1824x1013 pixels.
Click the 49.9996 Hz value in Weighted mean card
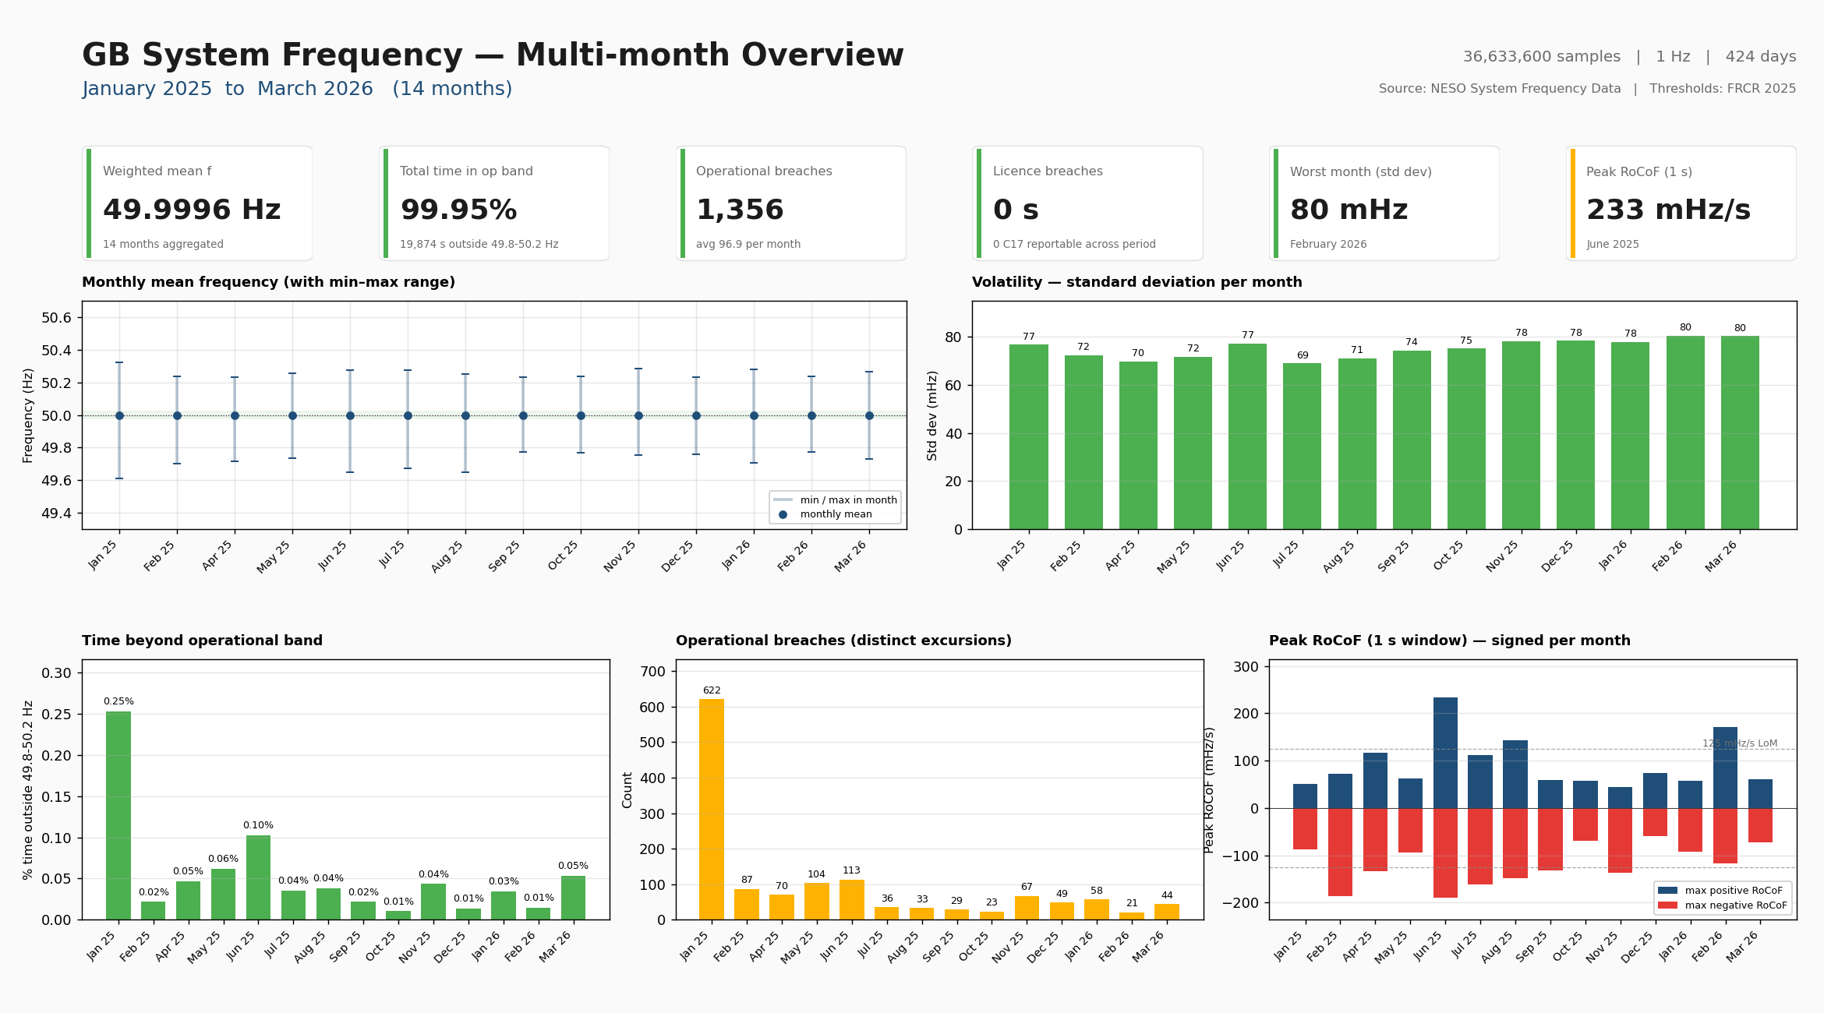pos(192,210)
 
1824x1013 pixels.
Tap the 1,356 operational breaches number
pos(740,210)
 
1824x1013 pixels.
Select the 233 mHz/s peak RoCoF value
pos(1668,210)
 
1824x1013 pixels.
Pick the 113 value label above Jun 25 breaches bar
pos(851,870)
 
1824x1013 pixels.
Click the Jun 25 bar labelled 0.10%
pos(258,877)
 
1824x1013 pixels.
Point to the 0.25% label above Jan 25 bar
pos(118,701)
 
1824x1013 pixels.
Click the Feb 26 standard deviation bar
pos(1684,432)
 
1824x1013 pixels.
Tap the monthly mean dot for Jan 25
pos(119,415)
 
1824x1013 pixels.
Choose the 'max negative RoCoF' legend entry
pos(1735,905)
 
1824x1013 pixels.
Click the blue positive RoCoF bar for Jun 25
pos(1444,753)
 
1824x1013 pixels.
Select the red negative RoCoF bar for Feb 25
pos(1340,852)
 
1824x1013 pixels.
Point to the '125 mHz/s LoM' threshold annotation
pos(1739,743)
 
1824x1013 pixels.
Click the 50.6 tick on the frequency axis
pos(56,318)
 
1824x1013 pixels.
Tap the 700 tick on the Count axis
pos(652,672)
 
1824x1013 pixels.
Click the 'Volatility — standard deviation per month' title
pos(1136,282)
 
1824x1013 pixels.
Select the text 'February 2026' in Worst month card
pos(1327,244)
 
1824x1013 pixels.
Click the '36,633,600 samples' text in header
pos(1541,57)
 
